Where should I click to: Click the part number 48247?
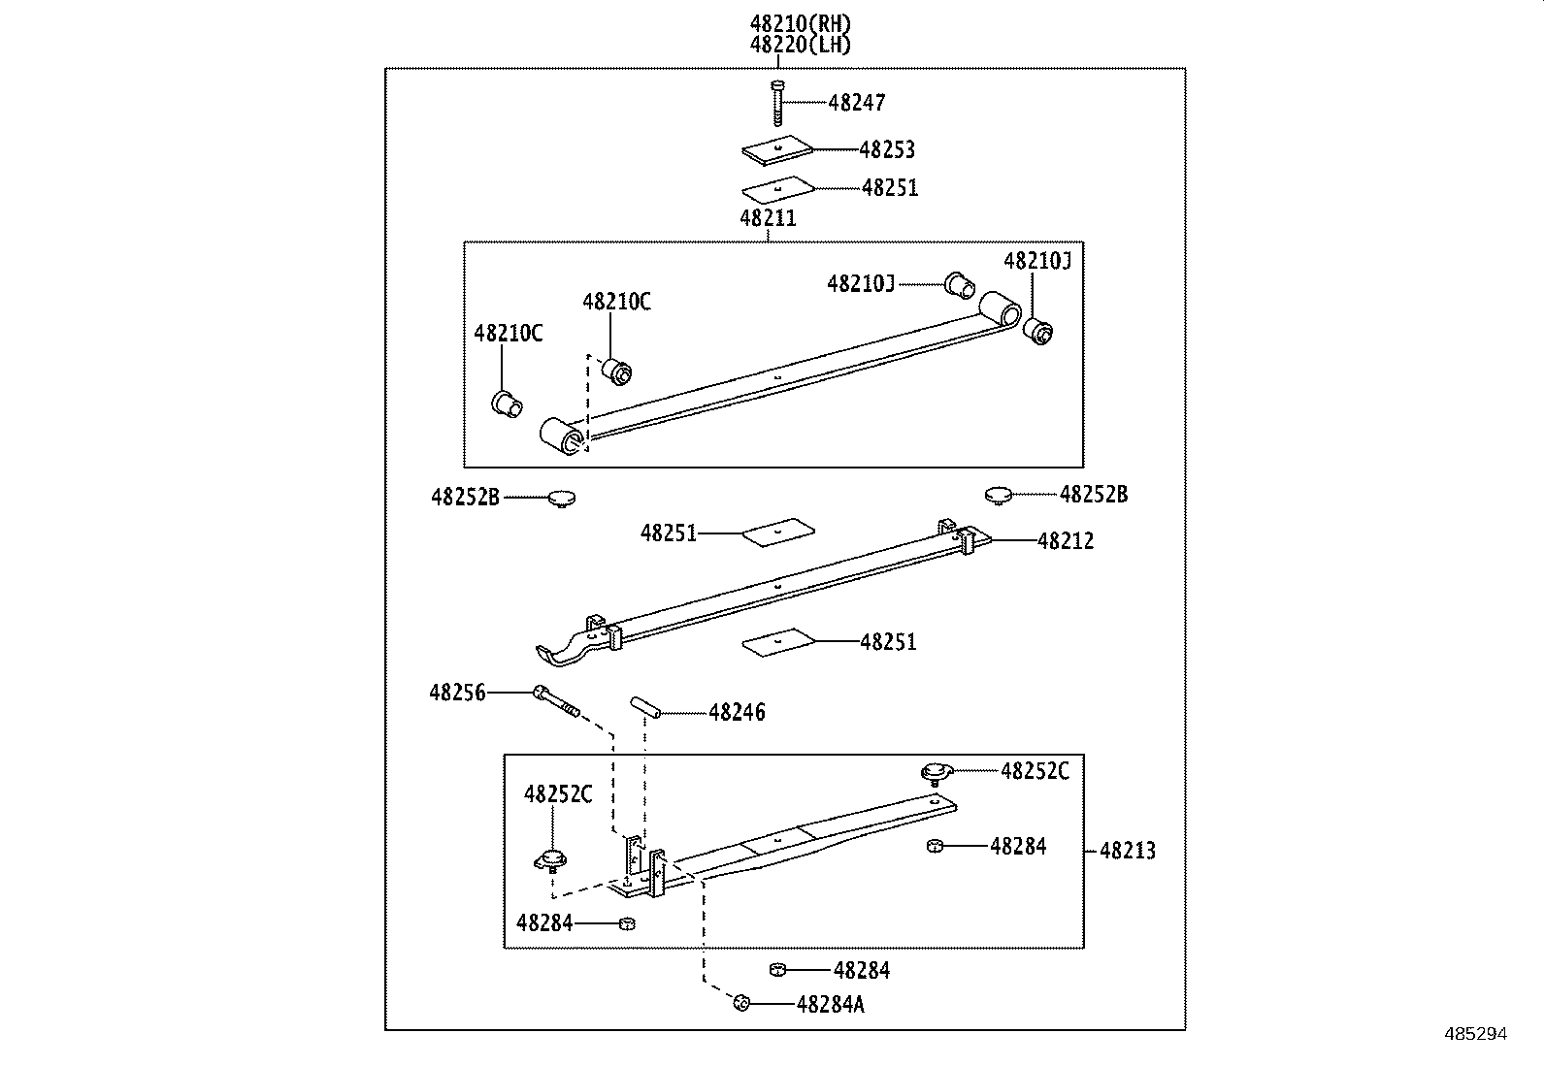tap(856, 103)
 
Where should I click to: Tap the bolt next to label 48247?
tap(777, 103)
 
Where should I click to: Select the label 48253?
tap(886, 149)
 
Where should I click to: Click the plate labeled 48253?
tap(775, 148)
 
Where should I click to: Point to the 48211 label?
tap(768, 218)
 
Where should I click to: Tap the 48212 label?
tap(1065, 541)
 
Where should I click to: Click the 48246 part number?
tap(737, 713)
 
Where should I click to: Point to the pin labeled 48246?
tap(645, 707)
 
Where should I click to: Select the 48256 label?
tap(457, 693)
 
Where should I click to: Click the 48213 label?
tap(1127, 852)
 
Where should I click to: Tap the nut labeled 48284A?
tap(740, 1002)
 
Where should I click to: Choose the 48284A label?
tap(830, 1005)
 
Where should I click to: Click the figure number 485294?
tap(1474, 1034)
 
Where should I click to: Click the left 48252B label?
tap(465, 498)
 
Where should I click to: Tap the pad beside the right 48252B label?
tap(998, 496)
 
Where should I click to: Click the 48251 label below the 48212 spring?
tap(888, 642)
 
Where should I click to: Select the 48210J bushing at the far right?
tap(1039, 331)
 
